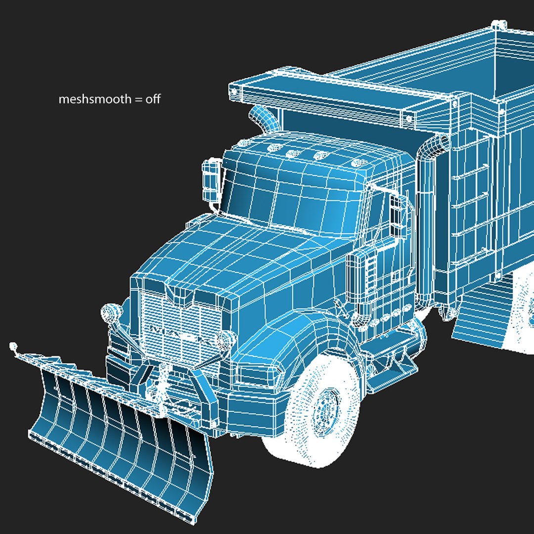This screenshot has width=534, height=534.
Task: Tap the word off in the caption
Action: pyautogui.click(x=153, y=99)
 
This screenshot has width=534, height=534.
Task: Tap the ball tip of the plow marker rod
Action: pyautogui.click(x=13, y=345)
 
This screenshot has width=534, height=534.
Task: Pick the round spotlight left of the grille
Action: pyautogui.click(x=110, y=311)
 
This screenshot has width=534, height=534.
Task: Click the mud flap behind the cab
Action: pyautogui.click(x=477, y=311)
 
